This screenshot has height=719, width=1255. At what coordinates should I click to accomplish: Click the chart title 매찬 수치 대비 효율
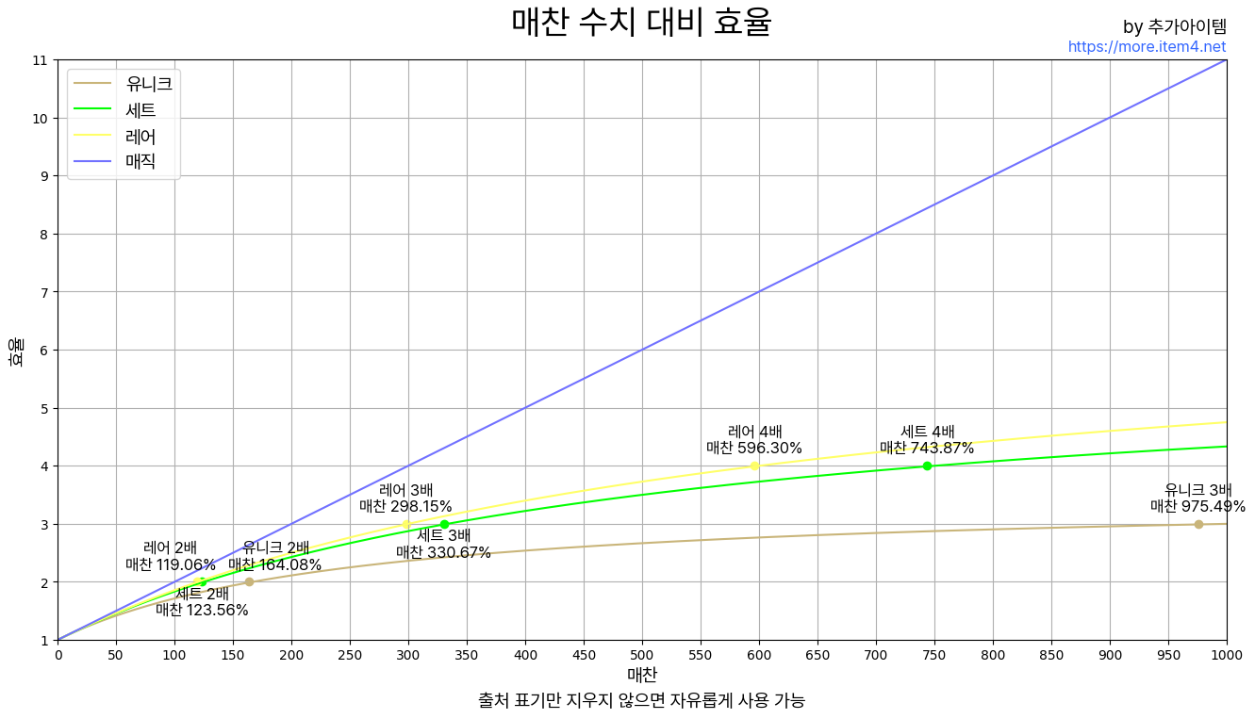click(x=641, y=22)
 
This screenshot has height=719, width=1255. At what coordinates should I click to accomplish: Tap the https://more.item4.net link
click(x=1147, y=46)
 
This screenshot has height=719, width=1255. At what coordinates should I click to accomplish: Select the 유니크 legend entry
click(x=123, y=84)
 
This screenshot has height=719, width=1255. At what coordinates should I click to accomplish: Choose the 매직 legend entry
click(x=123, y=161)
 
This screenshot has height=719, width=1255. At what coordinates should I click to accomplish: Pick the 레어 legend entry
click(x=123, y=136)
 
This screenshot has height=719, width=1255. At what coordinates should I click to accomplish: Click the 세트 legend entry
click(x=123, y=110)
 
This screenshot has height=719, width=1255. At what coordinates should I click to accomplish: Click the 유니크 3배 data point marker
click(x=1198, y=524)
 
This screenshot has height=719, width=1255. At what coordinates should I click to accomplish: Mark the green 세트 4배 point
click(x=927, y=466)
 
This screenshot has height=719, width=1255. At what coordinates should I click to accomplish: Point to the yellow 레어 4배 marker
click(x=754, y=466)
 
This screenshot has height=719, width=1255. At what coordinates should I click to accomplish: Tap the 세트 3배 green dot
click(x=444, y=524)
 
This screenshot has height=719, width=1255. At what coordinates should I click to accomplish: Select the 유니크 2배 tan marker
click(x=249, y=581)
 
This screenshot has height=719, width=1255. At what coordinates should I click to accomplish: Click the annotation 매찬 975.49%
click(x=1197, y=507)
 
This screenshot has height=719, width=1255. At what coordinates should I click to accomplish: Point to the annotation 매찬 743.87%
click(x=927, y=449)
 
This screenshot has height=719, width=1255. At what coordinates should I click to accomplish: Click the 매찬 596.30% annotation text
click(x=754, y=449)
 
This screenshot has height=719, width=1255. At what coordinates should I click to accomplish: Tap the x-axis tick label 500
click(x=642, y=655)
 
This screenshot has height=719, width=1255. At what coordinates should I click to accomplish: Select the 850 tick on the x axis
click(x=1051, y=655)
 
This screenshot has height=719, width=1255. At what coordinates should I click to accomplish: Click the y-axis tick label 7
click(x=39, y=292)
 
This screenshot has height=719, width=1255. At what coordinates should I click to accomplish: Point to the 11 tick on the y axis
click(x=39, y=60)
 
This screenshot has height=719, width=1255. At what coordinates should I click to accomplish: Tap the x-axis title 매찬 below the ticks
click(x=642, y=675)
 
